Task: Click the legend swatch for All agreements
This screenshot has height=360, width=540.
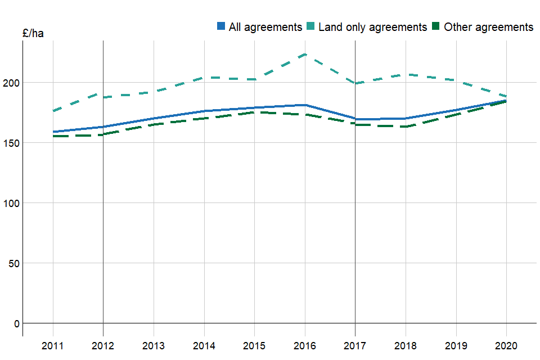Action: pyautogui.click(x=222, y=26)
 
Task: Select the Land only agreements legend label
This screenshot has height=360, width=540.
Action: pyautogui.click(x=372, y=27)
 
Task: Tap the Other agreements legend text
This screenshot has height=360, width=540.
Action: pyautogui.click(x=488, y=27)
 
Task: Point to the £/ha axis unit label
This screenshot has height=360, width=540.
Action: pyautogui.click(x=33, y=34)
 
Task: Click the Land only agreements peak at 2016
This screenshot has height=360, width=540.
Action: pyautogui.click(x=305, y=54)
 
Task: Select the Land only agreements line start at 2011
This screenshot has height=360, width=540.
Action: pyautogui.click(x=53, y=111)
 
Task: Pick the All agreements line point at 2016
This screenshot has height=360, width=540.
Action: pyautogui.click(x=305, y=105)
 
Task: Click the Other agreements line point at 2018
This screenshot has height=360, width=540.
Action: pyautogui.click(x=406, y=127)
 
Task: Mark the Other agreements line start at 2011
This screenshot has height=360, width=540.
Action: pyautogui.click(x=53, y=136)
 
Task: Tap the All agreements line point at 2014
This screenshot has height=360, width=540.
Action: pyautogui.click(x=204, y=111)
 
